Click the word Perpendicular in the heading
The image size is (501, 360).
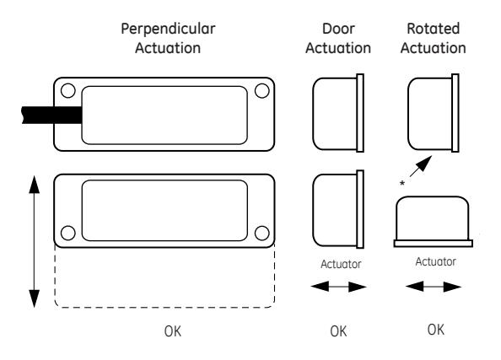pyautogui.click(x=168, y=30)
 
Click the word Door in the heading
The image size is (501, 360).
pyautogui.click(x=338, y=29)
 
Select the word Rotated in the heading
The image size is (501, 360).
pyautogui.click(x=434, y=29)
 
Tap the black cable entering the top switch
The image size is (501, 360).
pyautogui.click(x=51, y=115)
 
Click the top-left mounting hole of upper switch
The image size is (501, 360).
pyautogui.click(x=67, y=90)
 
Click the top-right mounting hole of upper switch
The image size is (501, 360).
pyautogui.click(x=262, y=90)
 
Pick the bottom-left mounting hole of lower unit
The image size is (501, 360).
pyautogui.click(x=67, y=233)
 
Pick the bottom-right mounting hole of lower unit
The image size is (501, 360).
pyautogui.click(x=262, y=233)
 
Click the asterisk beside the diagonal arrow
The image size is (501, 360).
pyautogui.click(x=402, y=183)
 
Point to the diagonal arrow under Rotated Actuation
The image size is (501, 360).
pyautogui.click(x=421, y=166)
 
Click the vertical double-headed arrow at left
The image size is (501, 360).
pyautogui.click(x=35, y=241)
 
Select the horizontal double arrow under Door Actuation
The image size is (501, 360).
pyautogui.click(x=338, y=287)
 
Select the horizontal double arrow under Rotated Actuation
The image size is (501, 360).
pyautogui.click(x=434, y=287)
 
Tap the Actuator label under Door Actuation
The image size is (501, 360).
pyautogui.click(x=341, y=265)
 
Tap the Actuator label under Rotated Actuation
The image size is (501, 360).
pyautogui.click(x=436, y=262)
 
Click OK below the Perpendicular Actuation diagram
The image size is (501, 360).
pyautogui.click(x=173, y=331)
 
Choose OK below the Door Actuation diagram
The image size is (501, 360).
pyautogui.click(x=338, y=331)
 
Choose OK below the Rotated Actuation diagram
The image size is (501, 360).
pyautogui.click(x=436, y=330)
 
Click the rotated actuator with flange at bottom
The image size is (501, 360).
pyautogui.click(x=433, y=222)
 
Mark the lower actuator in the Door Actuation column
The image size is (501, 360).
pyautogui.click(x=338, y=209)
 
